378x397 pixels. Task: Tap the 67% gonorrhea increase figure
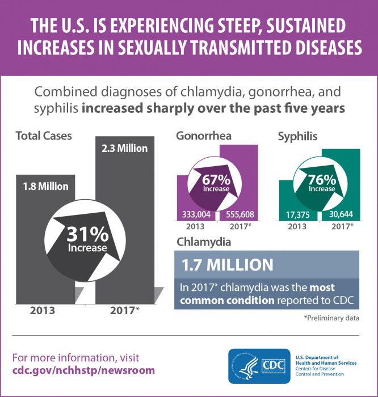[215, 180]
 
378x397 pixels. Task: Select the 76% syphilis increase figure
[322, 180]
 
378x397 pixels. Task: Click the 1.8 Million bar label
[45, 185]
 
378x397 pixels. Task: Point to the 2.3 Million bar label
[124, 149]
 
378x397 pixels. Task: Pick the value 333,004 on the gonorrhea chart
[196, 215]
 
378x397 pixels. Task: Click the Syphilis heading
[297, 136]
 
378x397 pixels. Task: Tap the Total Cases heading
[44, 136]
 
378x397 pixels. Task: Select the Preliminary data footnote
[331, 318]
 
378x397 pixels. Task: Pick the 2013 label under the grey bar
[44, 311]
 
